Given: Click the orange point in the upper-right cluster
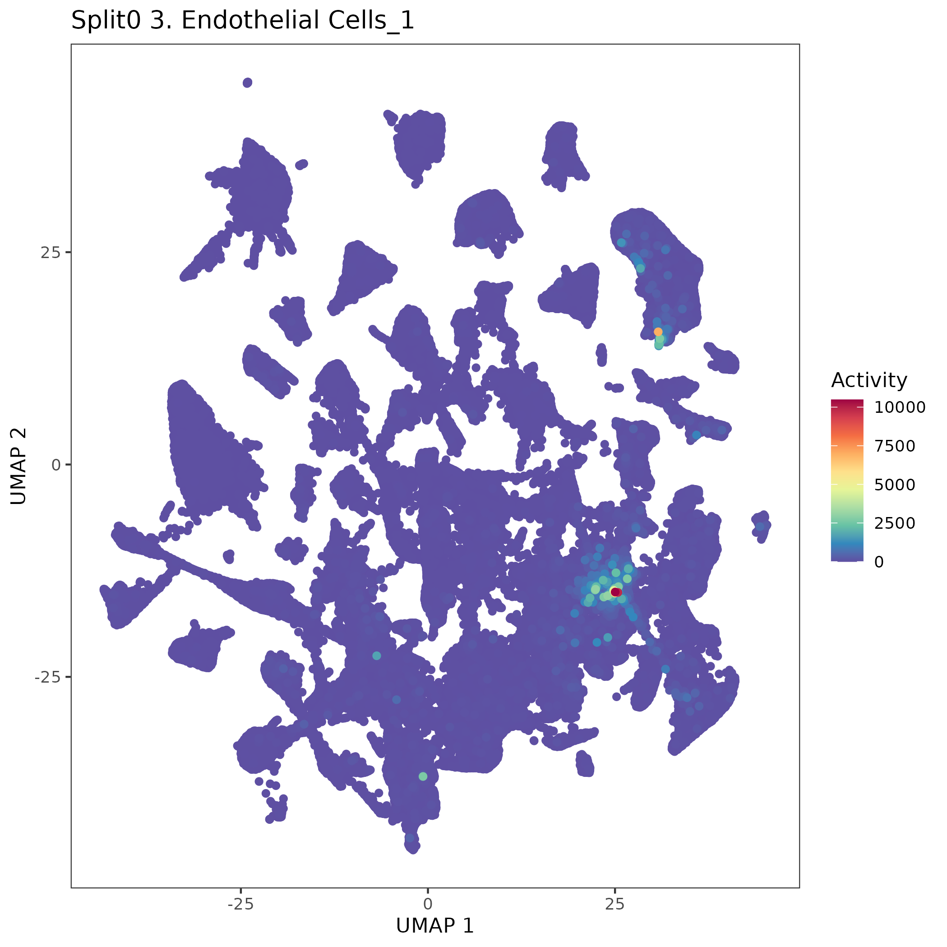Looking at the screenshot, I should pos(658,332).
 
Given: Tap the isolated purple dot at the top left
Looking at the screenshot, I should pos(248,83).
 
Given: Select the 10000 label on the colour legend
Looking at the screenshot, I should pos(900,407).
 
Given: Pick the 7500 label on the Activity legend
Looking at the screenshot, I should pos(895,446).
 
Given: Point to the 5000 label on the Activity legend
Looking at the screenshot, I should pos(895,485).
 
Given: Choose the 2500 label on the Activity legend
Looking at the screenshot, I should pos(895,523).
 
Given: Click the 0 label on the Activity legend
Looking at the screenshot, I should pos(879,562).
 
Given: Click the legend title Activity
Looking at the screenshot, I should pos(869,380).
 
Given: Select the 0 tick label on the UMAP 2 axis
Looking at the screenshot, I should pos(56,465).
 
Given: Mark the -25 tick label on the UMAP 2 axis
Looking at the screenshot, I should pos(47,677).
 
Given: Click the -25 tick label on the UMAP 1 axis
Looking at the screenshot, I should pos(240,904).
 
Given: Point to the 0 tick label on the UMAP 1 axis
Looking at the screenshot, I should pos(427,904).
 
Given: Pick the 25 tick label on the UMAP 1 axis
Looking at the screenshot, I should pos(614,904).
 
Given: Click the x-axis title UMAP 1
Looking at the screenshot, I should pos(435,925).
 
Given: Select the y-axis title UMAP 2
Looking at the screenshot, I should pos(18,466).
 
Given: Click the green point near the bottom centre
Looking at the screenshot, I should pos(423,776).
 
